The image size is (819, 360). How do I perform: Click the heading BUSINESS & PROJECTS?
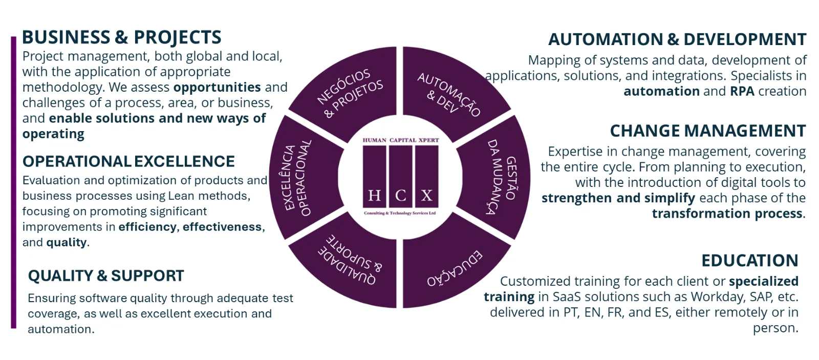pyautogui.click(x=122, y=37)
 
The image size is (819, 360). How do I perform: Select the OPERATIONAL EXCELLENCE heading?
pyautogui.click(x=128, y=161)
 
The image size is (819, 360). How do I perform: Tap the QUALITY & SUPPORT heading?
pyautogui.click(x=106, y=276)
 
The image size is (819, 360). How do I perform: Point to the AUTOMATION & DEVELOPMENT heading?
pyautogui.click(x=677, y=39)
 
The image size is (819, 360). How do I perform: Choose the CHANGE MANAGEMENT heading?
pyautogui.click(x=708, y=131)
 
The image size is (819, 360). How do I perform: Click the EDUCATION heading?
pyautogui.click(x=749, y=261)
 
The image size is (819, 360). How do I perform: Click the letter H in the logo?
pyautogui.click(x=374, y=196)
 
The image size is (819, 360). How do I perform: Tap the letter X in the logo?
pyautogui.click(x=427, y=196)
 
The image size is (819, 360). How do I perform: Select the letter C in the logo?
pyautogui.click(x=401, y=196)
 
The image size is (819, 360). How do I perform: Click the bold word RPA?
pyautogui.click(x=742, y=91)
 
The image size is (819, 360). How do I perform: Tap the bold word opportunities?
pyautogui.click(x=217, y=88)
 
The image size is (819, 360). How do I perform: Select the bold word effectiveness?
pyautogui.click(x=222, y=227)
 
